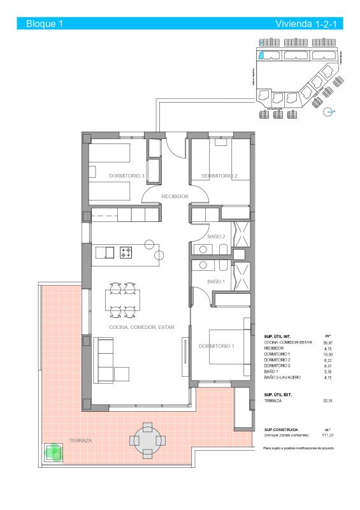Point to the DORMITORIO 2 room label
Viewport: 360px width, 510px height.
point(219,176)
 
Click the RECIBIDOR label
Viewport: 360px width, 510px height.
point(175,196)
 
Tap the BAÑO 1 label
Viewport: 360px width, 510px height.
point(217,281)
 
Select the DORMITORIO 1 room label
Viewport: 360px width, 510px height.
point(217,346)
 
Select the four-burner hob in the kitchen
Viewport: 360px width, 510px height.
point(126,252)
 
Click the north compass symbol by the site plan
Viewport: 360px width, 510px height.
point(328,112)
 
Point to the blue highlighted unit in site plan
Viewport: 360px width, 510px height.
point(261,43)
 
